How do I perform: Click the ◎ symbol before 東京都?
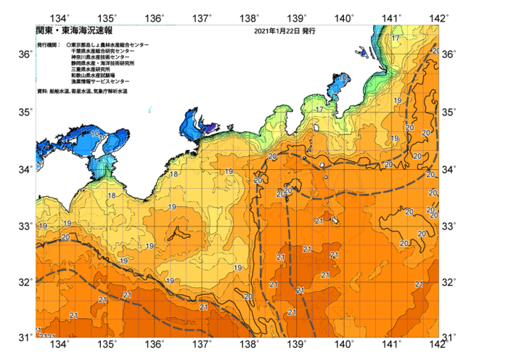[x=68, y=45]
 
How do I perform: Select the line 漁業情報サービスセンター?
[x=100, y=81]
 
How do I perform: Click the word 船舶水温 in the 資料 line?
[x=61, y=91]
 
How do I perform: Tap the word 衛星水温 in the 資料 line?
[x=83, y=91]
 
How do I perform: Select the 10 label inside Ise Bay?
[x=95, y=134]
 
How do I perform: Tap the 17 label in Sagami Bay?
[x=319, y=110]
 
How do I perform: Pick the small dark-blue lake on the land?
[x=361, y=51]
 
